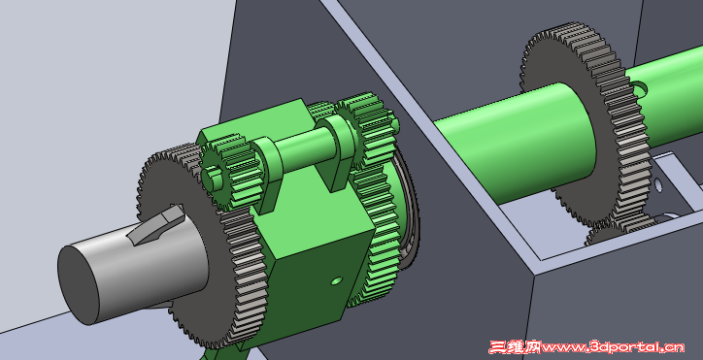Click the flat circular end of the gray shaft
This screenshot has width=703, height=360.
tap(79, 284)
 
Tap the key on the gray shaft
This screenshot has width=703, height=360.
tap(157, 224)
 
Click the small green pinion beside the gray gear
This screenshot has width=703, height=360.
tap(228, 173)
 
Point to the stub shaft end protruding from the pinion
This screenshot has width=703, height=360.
tap(214, 176)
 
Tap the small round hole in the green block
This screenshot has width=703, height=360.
tap(336, 280)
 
